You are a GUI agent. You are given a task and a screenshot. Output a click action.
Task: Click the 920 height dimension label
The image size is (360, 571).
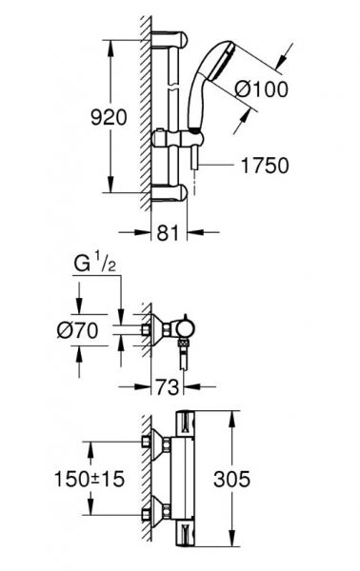tap(109, 118)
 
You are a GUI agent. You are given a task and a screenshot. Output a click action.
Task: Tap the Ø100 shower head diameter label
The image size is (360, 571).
tap(261, 89)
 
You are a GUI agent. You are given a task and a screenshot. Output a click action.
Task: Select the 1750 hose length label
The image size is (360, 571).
tap(265, 165)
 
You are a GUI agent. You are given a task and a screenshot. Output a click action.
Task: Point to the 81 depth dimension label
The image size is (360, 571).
tap(169, 233)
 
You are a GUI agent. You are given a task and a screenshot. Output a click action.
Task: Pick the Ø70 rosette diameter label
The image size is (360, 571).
tap(77, 330)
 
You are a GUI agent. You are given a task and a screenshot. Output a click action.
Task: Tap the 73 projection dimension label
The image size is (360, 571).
tap(168, 386)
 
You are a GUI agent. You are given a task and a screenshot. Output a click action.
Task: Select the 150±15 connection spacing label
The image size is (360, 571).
tap(90, 479)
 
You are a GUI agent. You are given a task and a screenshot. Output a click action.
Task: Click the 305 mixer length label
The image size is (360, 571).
tap(232, 479)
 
